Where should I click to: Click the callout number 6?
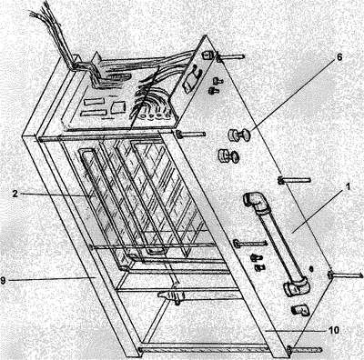339,57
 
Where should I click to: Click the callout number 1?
348,186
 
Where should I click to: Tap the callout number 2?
15,194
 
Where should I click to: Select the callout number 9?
3,280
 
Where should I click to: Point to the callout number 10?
333,330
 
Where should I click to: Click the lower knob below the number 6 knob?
228,155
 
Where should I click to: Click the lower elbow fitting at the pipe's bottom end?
296,287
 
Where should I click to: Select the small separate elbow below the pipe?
299,310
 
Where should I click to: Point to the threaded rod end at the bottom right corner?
305,349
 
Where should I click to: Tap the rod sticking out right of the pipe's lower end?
345,275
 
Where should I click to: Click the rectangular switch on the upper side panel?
190,80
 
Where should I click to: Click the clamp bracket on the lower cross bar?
171,296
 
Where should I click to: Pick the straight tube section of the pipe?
279,244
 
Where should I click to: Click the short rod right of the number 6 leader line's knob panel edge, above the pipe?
294,181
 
